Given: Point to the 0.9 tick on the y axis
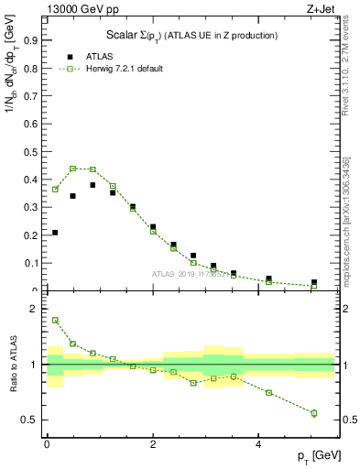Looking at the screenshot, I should point(36,40).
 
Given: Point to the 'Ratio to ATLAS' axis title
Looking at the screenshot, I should point(14,365).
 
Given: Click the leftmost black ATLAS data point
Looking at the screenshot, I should point(55,233).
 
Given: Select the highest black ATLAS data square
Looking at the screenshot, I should point(93,185).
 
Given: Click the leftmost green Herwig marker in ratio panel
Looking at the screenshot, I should point(55,321).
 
